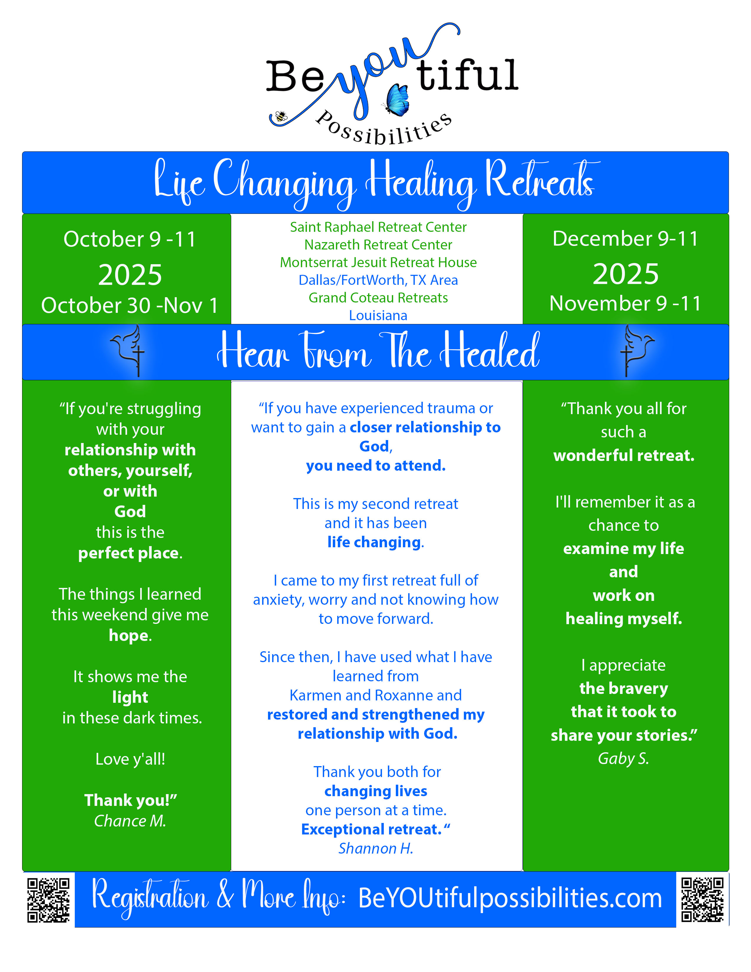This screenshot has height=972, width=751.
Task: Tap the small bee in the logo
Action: coord(281,117)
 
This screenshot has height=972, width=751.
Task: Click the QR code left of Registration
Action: coord(48,900)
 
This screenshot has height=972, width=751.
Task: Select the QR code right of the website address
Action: coord(702,900)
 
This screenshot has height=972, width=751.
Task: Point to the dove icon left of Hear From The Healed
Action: coord(129,350)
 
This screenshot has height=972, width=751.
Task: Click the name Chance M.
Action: coord(130,821)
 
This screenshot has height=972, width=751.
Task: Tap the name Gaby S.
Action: coord(623,758)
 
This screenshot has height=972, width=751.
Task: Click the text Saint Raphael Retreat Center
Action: coord(378,227)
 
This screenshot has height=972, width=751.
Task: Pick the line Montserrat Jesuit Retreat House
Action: coord(378,262)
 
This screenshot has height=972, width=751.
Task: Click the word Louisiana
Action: coord(378,315)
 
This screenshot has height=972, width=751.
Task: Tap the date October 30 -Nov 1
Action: coord(130,305)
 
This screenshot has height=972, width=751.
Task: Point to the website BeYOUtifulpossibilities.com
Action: coord(510,898)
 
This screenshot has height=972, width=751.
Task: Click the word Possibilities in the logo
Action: coord(383,129)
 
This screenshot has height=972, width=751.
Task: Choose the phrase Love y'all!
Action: coord(130,759)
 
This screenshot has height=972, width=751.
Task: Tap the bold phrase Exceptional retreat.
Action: coord(371,829)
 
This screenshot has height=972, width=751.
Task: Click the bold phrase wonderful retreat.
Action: coord(623,455)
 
